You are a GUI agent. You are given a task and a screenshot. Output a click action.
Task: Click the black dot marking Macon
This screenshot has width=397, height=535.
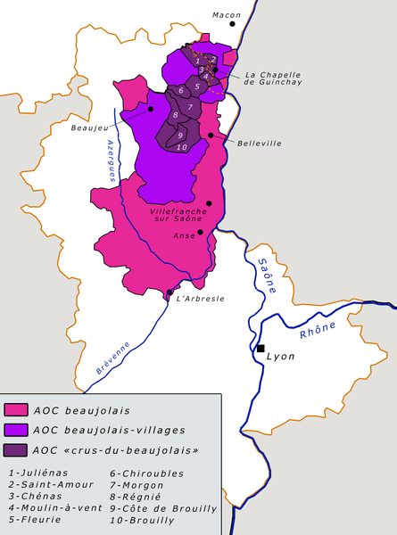pos(233,24)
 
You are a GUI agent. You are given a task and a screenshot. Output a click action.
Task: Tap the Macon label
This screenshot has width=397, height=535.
pos(227,14)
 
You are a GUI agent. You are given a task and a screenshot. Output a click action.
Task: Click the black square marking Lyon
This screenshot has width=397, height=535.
pos(261,349)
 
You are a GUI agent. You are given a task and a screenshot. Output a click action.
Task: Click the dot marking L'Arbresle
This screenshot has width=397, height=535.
pos(170,292)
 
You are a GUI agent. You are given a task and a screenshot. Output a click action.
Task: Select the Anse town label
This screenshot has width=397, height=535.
pos(184,237)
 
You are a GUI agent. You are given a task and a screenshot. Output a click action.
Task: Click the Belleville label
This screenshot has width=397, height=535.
pos(259,143)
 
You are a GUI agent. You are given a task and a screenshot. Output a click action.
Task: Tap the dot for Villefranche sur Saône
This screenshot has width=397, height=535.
pos(209,203)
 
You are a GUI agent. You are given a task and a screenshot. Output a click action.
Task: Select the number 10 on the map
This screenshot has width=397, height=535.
pos(181,146)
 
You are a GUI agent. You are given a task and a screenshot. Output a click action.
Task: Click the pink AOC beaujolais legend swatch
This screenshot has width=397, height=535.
pos(15,410)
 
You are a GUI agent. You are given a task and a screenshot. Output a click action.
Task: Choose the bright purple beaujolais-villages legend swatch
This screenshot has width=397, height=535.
pos(15,429)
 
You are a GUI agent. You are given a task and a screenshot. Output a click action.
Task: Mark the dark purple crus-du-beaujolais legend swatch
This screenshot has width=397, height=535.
pos(15,449)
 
